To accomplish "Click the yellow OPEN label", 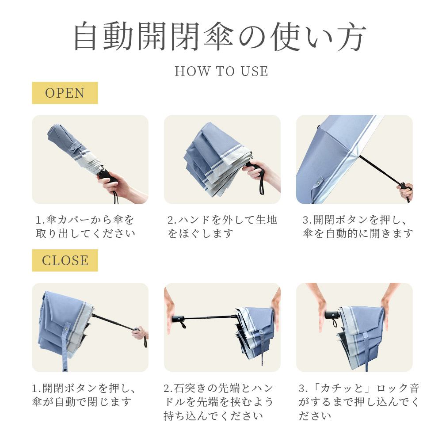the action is [x=65, y=93].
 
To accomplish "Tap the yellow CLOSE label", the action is [x=65, y=260].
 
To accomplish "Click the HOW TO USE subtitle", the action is [x=221, y=71].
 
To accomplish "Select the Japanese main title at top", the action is [x=220, y=36].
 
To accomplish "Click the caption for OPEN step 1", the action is [x=85, y=227].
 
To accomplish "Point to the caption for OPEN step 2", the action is [x=222, y=227].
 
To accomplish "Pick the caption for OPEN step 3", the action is [x=358, y=227].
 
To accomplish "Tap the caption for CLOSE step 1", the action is [x=84, y=395].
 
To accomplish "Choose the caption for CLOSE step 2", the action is [x=218, y=402].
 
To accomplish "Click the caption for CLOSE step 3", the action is [x=359, y=402].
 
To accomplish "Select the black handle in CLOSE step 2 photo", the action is [x=178, y=319].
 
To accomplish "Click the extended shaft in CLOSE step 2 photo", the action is [x=210, y=318].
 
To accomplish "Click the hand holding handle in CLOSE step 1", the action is [x=140, y=333].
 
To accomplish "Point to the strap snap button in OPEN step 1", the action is [x=73, y=148].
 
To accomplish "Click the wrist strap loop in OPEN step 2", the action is [x=262, y=185].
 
